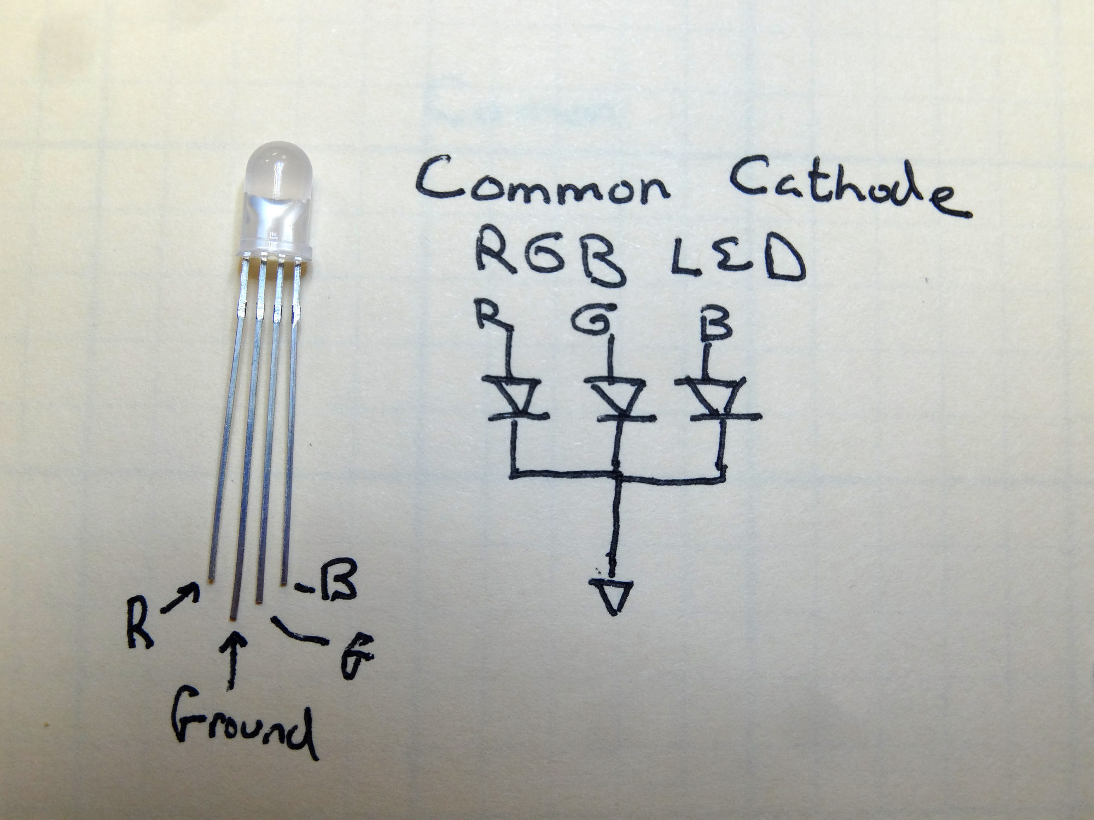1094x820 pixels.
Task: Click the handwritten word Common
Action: click(542, 186)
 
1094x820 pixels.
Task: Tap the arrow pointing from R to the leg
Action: click(181, 599)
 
